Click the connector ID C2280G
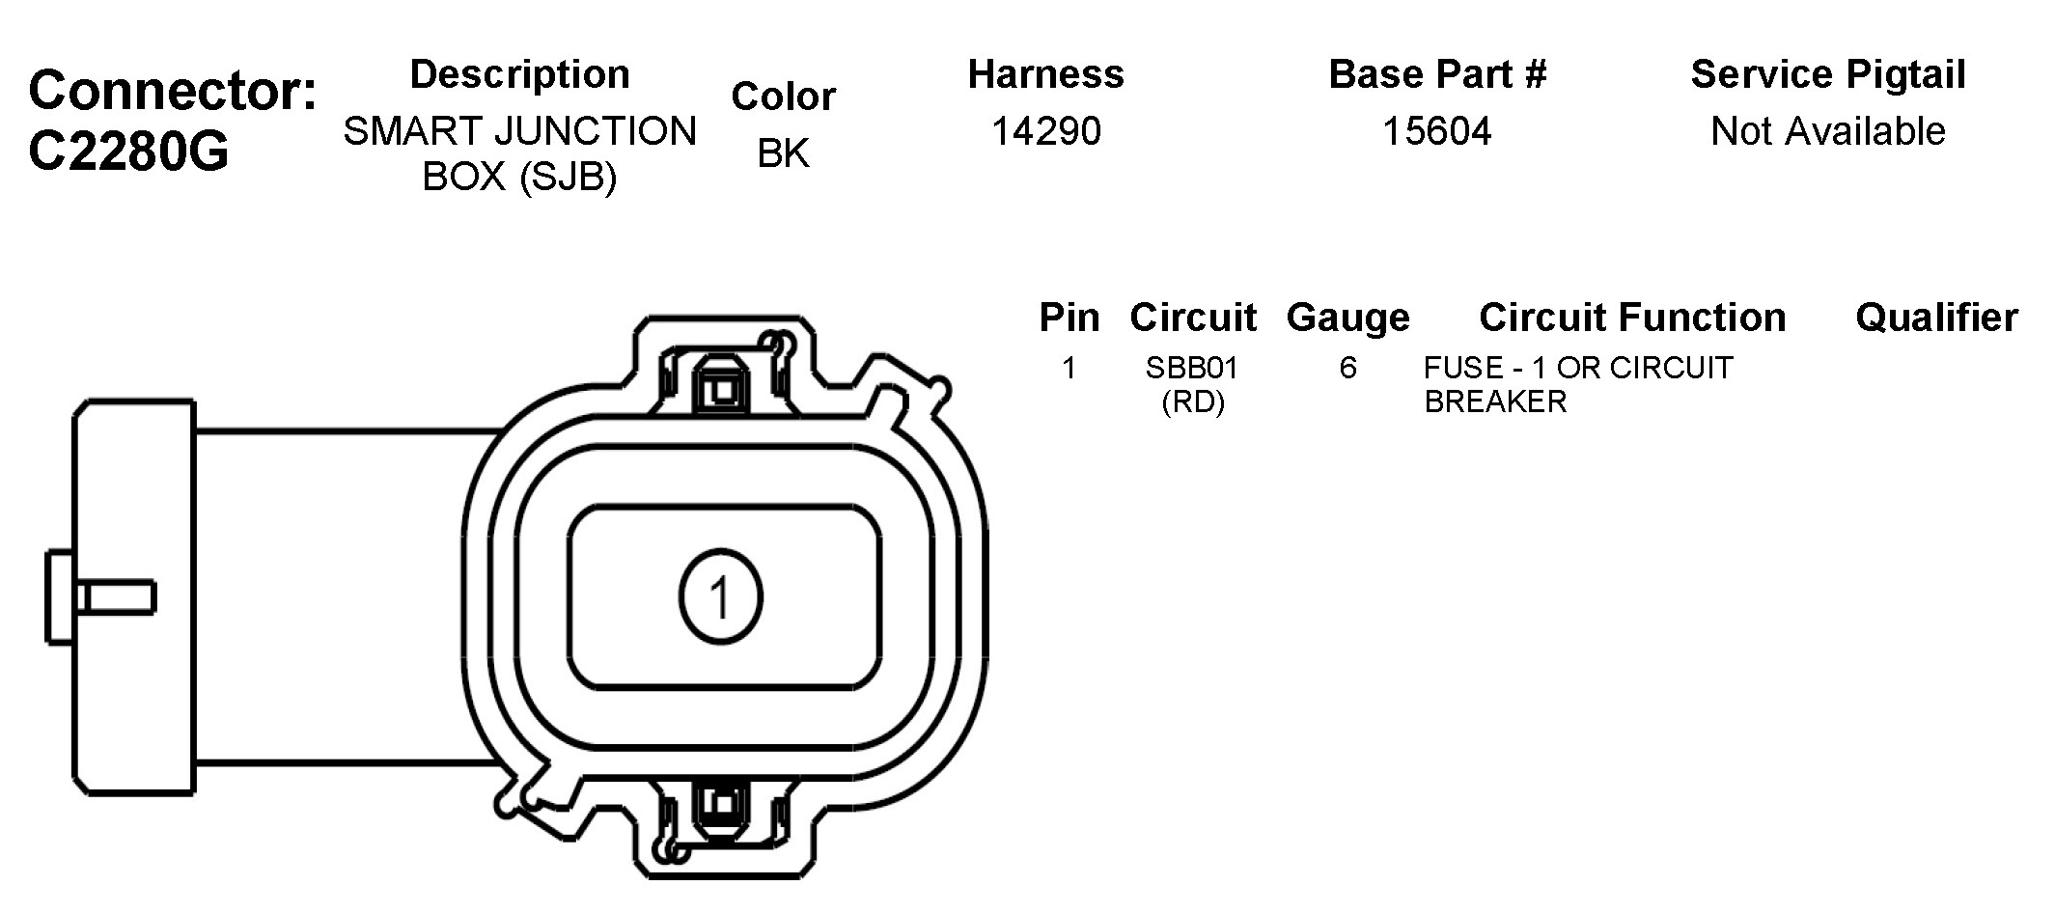tap(128, 152)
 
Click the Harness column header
tap(1046, 74)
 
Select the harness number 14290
tap(1046, 131)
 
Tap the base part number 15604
tap(1437, 131)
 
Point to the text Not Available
tap(1828, 131)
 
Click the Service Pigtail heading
tap(1828, 74)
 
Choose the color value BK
tap(783, 153)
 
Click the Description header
tap(519, 74)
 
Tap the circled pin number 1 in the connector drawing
tap(720, 595)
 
